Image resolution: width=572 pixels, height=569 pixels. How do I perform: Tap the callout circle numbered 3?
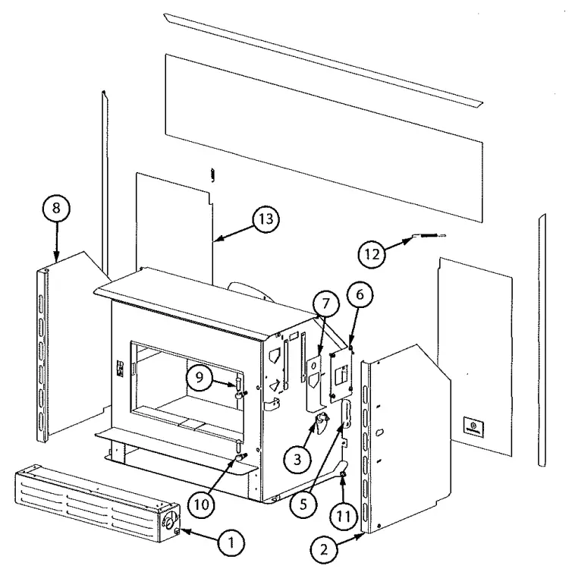click(x=297, y=458)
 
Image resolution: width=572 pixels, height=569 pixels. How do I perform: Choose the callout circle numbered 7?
click(x=324, y=304)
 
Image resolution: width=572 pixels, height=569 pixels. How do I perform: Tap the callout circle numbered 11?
click(x=342, y=514)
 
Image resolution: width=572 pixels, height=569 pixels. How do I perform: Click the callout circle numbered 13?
click(x=263, y=220)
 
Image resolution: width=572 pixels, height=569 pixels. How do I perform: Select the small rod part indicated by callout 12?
click(x=426, y=236)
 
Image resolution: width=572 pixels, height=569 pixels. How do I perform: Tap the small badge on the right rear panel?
click(x=473, y=427)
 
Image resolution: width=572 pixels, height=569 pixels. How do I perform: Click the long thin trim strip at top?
click(x=322, y=58)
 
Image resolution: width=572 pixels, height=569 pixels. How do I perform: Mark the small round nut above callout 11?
click(x=343, y=474)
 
